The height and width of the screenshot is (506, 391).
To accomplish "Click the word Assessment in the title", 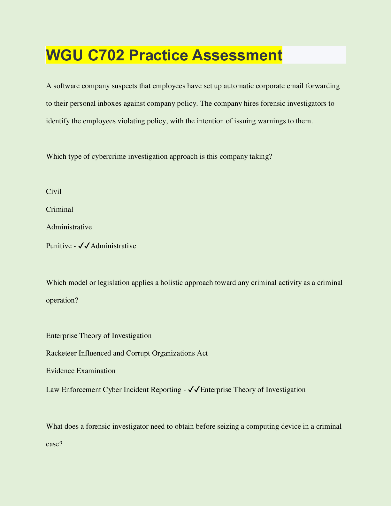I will pyautogui.click(x=237, y=55).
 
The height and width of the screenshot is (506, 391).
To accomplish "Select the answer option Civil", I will pyautogui.click(x=54, y=192).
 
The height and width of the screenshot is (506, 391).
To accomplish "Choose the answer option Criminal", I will pyautogui.click(x=60, y=210).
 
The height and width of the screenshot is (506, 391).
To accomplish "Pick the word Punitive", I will pyautogui.click(x=59, y=246).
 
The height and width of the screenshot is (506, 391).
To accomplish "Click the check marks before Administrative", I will pyautogui.click(x=84, y=246).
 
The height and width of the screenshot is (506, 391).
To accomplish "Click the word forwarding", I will pyautogui.click(x=322, y=86).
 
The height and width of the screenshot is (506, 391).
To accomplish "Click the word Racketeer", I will pyautogui.click(x=61, y=353).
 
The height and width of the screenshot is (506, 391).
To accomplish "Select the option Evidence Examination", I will pyautogui.click(x=81, y=371).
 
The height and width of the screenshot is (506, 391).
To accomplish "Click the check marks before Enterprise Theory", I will pyautogui.click(x=194, y=389).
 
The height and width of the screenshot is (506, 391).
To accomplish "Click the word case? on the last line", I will pyautogui.click(x=54, y=444).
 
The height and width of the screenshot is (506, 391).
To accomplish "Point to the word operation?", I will pyautogui.click(x=62, y=301).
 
